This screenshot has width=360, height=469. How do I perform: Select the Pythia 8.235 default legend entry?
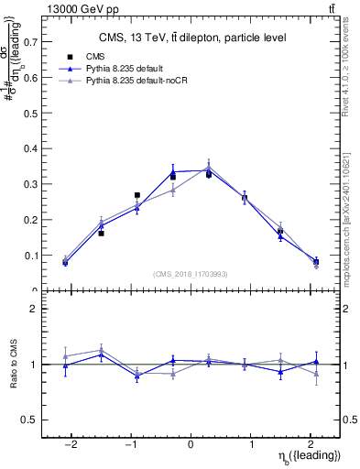click(125, 69)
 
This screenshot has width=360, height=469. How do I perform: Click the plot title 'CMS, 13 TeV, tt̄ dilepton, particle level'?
click(192, 38)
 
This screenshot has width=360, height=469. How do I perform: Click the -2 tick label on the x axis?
click(71, 443)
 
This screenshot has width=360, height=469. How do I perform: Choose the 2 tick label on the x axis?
click(310, 443)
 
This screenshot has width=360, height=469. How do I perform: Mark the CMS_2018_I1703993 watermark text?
click(191, 274)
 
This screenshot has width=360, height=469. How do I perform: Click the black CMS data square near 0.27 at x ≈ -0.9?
click(136, 195)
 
